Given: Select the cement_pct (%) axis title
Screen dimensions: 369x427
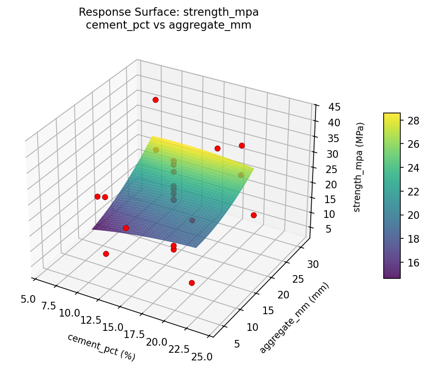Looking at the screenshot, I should (x=101, y=347).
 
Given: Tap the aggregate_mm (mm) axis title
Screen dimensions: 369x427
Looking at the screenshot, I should (x=294, y=318).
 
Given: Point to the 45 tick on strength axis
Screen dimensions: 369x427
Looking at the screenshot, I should (x=327, y=107).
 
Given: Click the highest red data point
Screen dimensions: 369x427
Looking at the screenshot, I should (x=155, y=100).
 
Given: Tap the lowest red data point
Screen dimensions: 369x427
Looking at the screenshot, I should (x=192, y=283).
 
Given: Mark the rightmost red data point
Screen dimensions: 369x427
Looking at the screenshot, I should (x=254, y=215).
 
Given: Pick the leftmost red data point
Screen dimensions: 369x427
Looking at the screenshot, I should (x=97, y=196).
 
